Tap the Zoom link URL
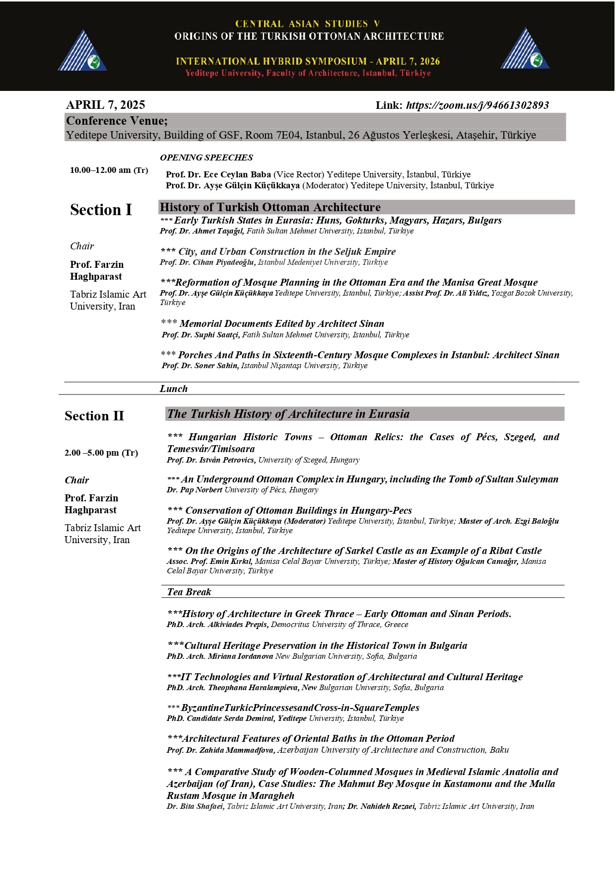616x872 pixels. (477, 105)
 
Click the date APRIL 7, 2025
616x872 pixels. (106, 105)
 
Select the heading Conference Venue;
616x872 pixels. (117, 121)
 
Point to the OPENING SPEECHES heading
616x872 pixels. (206, 158)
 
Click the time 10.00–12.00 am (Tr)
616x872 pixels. (109, 170)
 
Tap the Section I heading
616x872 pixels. (101, 210)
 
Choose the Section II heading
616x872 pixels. (94, 416)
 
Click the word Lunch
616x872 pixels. (173, 389)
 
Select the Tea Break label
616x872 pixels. (189, 592)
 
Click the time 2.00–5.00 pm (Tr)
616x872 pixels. (101, 453)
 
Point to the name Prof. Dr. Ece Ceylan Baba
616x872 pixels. (218, 174)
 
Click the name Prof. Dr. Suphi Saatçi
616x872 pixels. (201, 335)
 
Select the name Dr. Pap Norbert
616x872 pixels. (194, 490)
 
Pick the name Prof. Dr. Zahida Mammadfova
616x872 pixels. (221, 750)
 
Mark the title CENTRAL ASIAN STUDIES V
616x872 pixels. (307, 24)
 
